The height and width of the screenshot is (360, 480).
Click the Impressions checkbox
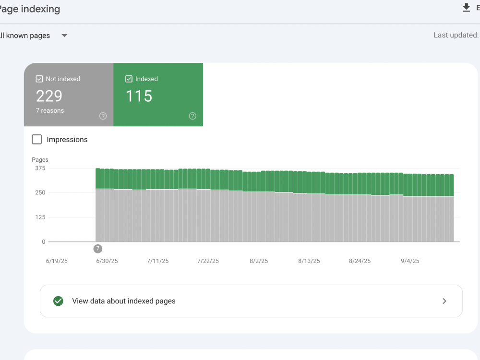click(37, 139)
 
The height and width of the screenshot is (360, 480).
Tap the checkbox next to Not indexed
click(39, 79)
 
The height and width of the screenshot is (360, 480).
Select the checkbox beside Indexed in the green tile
click(129, 79)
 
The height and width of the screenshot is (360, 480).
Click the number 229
click(49, 96)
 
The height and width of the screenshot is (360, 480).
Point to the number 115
click(139, 96)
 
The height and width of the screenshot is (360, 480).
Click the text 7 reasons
click(50, 110)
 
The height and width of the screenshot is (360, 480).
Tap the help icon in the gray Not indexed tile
click(103, 116)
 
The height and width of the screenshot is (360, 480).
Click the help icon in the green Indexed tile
click(192, 116)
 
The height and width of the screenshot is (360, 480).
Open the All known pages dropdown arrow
click(64, 36)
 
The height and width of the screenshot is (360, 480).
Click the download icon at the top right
click(466, 8)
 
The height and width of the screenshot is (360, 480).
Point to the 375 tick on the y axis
click(40, 168)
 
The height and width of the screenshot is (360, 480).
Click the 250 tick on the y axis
click(40, 192)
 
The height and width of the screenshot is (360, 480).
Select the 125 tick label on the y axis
click(40, 217)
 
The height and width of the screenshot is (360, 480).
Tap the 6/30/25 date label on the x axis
click(107, 261)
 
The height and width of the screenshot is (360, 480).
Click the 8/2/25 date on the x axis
click(259, 261)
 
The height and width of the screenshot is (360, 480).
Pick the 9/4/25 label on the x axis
click(410, 261)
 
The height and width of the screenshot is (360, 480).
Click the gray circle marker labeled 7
click(98, 249)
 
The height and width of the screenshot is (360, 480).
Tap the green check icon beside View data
click(58, 301)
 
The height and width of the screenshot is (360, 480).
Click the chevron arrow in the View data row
click(444, 301)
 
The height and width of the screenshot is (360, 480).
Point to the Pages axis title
click(40, 159)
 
